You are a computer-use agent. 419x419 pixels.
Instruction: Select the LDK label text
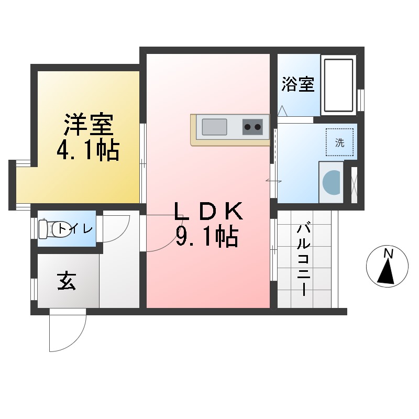pyautogui.click(x=208, y=212)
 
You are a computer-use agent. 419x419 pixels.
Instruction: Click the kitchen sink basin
pyautogui.click(x=214, y=127)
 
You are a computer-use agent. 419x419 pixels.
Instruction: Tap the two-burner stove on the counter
pyautogui.click(x=252, y=127)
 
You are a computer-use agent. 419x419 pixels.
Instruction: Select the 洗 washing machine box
pyautogui.click(x=339, y=142)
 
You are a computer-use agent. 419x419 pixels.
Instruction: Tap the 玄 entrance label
pyautogui.click(x=67, y=282)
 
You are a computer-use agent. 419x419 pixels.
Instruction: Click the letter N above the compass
pyautogui.click(x=388, y=253)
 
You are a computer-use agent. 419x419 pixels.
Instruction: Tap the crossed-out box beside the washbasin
pyautogui.click(x=354, y=185)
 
